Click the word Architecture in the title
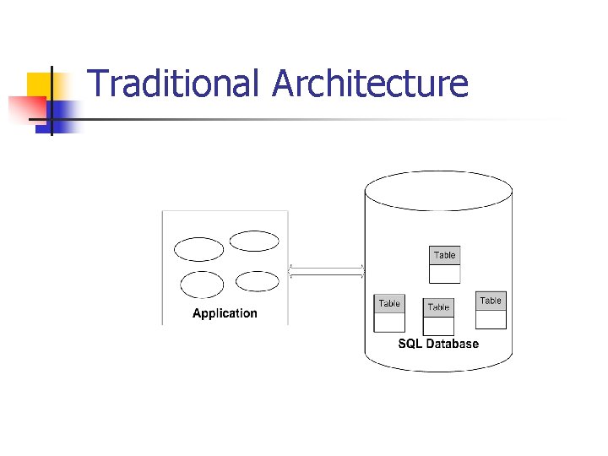(x=370, y=84)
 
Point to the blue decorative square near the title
(x=64, y=112)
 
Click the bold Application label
(x=225, y=313)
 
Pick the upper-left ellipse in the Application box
(x=198, y=249)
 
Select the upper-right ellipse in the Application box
(x=254, y=241)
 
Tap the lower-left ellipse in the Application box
(x=202, y=285)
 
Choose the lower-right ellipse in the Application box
(x=257, y=281)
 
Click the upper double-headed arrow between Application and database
(x=326, y=268)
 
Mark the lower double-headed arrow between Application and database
(x=326, y=275)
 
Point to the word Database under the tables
(x=452, y=344)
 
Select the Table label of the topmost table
(x=444, y=255)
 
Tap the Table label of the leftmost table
(x=389, y=303)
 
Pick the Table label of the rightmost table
(x=491, y=301)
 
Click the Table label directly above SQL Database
(x=438, y=307)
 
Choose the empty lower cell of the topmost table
(x=444, y=274)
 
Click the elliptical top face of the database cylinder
(x=438, y=191)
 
